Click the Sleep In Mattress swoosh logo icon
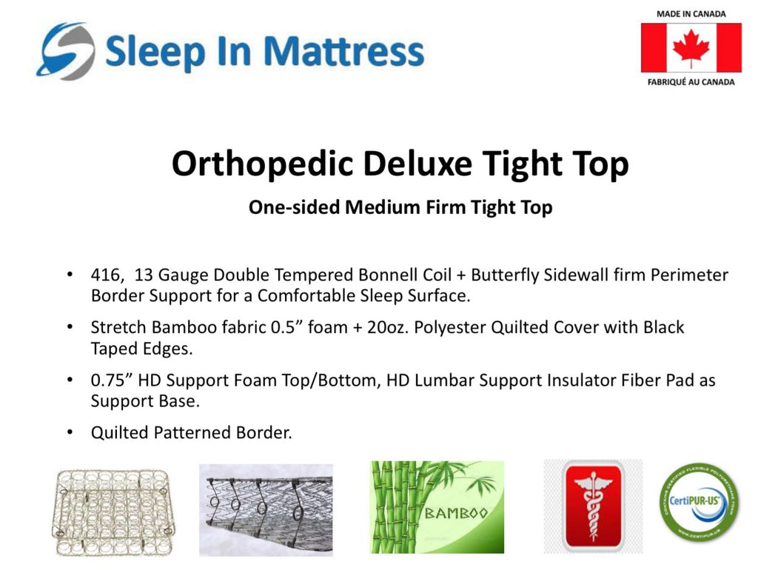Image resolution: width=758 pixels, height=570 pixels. [65, 51]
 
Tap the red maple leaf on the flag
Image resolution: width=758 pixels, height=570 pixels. [691, 48]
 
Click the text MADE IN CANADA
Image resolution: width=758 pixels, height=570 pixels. [691, 14]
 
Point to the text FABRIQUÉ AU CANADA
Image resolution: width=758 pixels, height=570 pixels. [691, 82]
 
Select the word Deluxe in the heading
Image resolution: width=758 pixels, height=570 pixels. [417, 163]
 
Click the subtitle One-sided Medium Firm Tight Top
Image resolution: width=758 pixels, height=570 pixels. [400, 207]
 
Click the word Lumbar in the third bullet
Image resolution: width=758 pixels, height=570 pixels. [444, 380]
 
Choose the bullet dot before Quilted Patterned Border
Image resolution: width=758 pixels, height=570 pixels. [70, 432]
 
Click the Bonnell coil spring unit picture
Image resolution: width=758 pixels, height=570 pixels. [113, 512]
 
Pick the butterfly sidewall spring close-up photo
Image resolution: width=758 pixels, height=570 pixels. [266, 510]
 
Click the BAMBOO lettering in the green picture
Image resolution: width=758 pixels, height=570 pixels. [455, 513]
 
